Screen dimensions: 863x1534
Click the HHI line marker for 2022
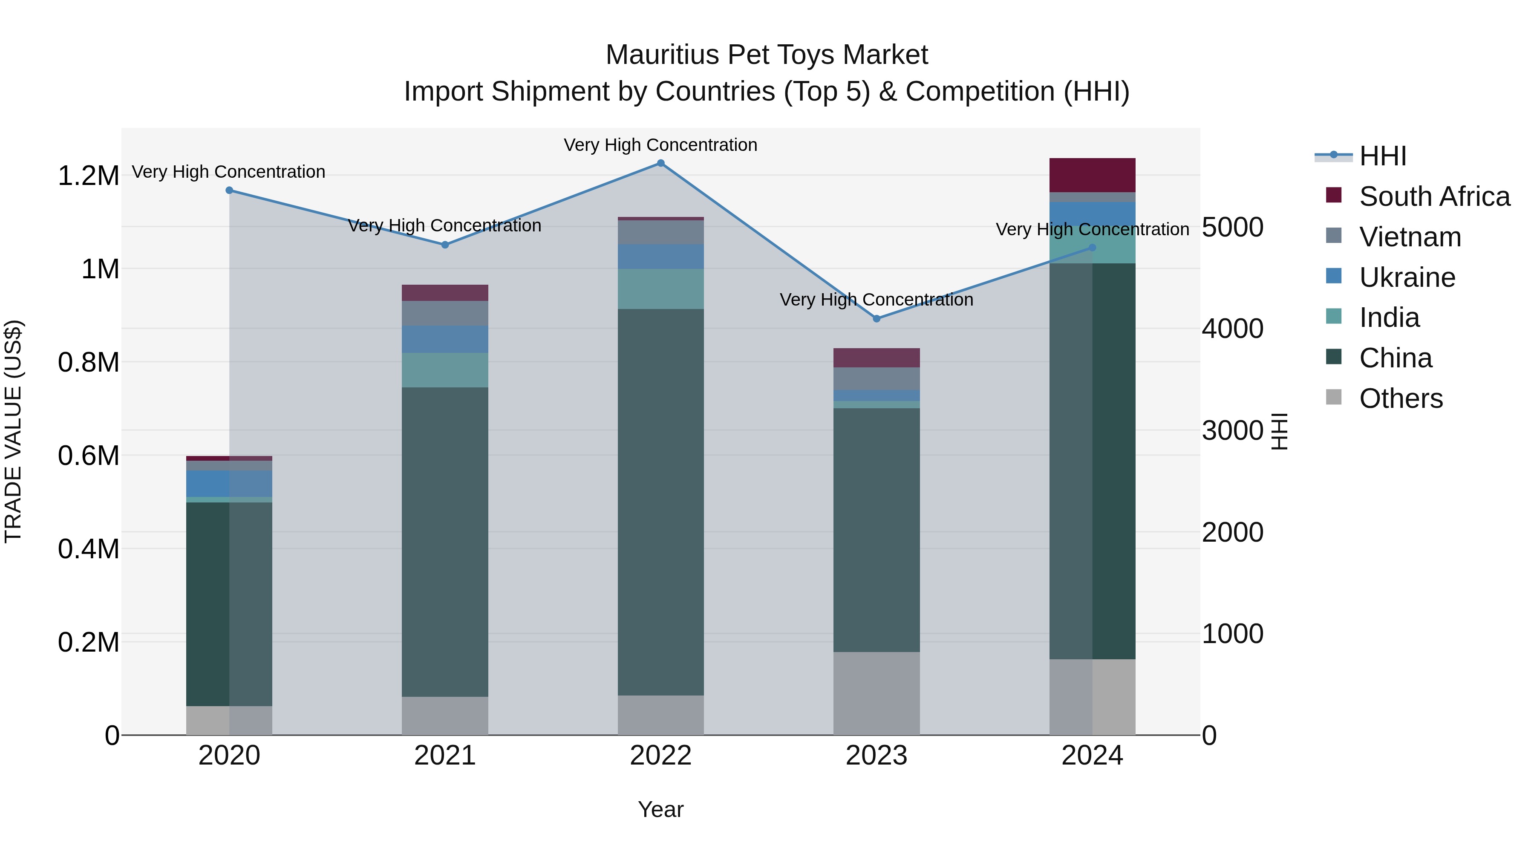pyautogui.click(x=660, y=163)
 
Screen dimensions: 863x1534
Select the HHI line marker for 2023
pyautogui.click(x=876, y=319)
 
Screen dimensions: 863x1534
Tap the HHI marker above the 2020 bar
pyautogui.click(x=229, y=190)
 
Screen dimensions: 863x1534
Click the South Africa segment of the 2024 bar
pyautogui.click(x=1092, y=175)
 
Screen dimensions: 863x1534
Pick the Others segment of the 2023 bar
pyautogui.click(x=876, y=693)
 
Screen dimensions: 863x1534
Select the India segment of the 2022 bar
pyautogui.click(x=660, y=289)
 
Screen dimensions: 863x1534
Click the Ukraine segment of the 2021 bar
pyautogui.click(x=445, y=340)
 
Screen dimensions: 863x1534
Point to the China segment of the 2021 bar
pyautogui.click(x=445, y=542)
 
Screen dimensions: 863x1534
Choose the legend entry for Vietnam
pyautogui.click(x=1410, y=237)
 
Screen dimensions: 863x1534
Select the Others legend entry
pyautogui.click(x=1401, y=398)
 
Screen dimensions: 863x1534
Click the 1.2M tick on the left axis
pyautogui.click(x=89, y=176)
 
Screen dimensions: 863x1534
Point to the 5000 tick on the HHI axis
pyautogui.click(x=1232, y=228)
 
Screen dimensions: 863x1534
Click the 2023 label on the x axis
pyautogui.click(x=876, y=756)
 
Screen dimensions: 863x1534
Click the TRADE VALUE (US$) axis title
pyautogui.click(x=13, y=431)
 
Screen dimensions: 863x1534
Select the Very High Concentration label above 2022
pyautogui.click(x=660, y=145)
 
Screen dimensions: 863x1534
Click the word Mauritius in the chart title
pyautogui.click(x=662, y=55)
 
